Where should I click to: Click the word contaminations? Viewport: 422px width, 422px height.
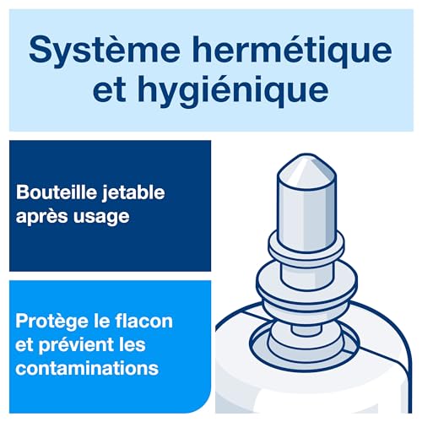(86, 368)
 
